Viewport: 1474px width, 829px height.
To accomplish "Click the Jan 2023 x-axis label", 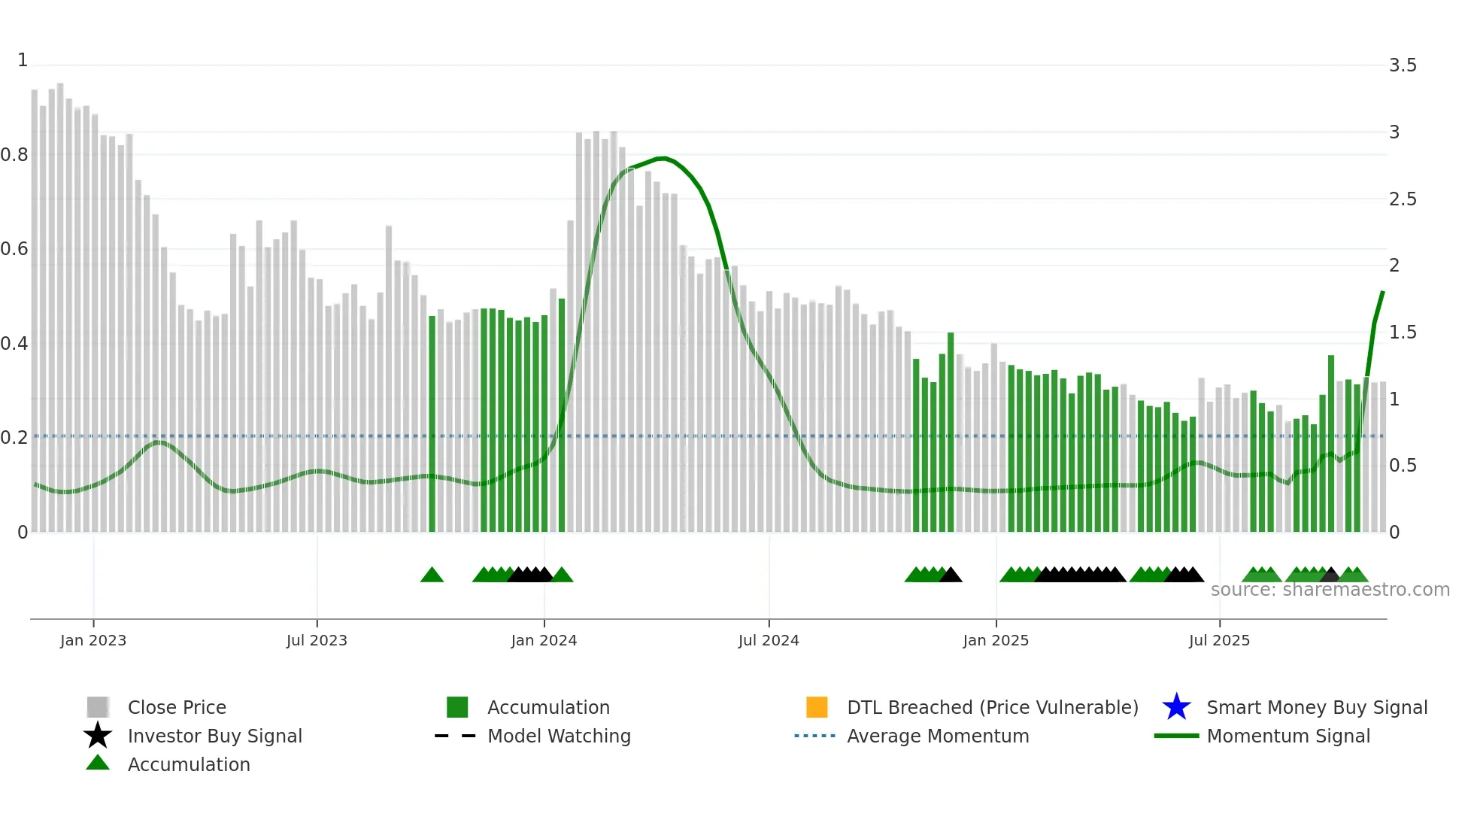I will (x=93, y=640).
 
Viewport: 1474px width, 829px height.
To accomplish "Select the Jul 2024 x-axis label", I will (x=768, y=640).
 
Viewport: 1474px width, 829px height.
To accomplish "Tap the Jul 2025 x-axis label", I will (x=1219, y=640).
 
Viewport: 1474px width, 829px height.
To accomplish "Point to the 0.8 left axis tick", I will (x=14, y=155).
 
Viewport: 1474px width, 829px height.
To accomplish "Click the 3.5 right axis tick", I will (x=1403, y=65).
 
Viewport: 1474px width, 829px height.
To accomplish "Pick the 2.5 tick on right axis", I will (x=1403, y=199).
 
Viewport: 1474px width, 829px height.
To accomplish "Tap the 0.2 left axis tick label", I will (x=14, y=438).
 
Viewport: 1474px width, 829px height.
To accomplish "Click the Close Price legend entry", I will (x=177, y=707).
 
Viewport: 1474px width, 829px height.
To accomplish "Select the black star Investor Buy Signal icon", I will (x=98, y=736).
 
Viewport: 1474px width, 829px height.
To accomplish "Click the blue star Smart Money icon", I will (x=1176, y=707).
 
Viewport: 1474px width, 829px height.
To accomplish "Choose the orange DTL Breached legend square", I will (x=817, y=707).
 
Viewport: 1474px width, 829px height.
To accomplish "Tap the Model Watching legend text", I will (x=559, y=736).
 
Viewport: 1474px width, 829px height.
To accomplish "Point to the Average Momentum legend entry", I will (x=938, y=736).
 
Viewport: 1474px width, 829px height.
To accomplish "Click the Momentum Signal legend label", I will (x=1288, y=736).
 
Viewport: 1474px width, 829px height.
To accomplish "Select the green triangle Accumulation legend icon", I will (x=98, y=764).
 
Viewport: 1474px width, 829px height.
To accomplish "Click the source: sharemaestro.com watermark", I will (x=1330, y=590).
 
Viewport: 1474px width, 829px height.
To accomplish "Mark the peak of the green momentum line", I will (x=662, y=158).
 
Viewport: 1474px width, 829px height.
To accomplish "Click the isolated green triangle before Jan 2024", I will (x=432, y=575).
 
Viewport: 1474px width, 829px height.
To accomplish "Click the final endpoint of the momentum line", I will (x=1382, y=292).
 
